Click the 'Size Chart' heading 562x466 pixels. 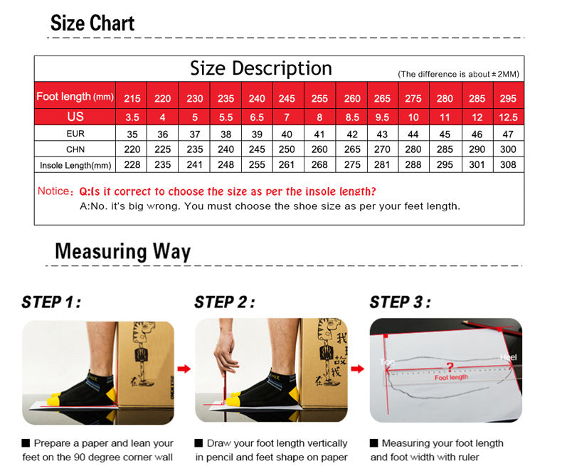[x=92, y=23]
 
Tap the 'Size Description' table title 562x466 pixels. [x=261, y=68]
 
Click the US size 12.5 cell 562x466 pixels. [x=508, y=117]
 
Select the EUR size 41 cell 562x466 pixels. [x=319, y=134]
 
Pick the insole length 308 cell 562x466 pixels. [x=508, y=164]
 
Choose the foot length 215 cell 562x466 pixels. [x=132, y=99]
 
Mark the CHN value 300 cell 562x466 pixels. [x=508, y=149]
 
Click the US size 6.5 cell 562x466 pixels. [x=257, y=117]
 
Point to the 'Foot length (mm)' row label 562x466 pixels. [x=75, y=97]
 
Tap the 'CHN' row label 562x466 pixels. [x=75, y=149]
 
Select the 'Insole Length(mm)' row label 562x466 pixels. [x=75, y=165]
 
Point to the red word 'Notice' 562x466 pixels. [x=53, y=191]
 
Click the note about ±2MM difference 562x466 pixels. [x=458, y=74]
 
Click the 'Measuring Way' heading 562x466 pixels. [x=122, y=251]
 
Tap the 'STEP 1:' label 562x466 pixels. [x=51, y=302]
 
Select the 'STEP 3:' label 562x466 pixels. [x=401, y=302]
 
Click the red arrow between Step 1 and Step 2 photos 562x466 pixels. [x=184, y=369]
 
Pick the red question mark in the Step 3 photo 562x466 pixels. [x=450, y=367]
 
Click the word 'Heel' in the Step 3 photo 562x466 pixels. [x=509, y=357]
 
